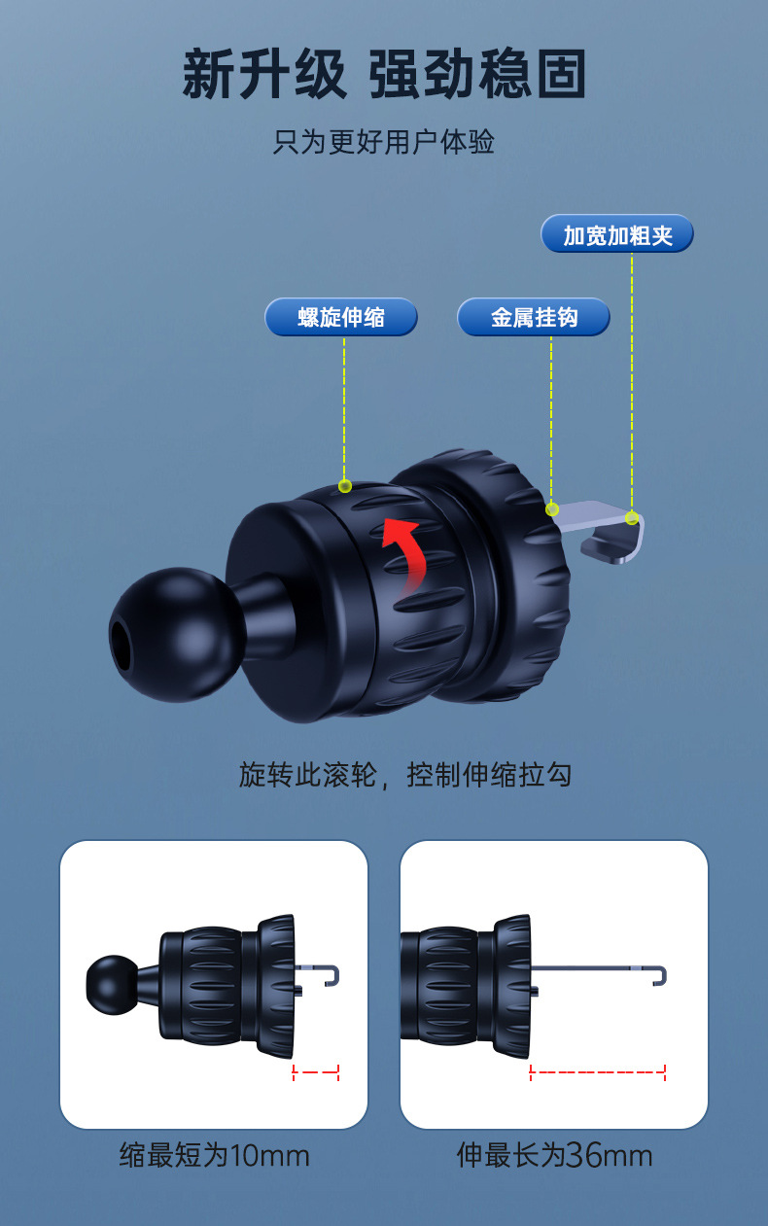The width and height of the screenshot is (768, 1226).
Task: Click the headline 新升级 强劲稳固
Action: [384, 74]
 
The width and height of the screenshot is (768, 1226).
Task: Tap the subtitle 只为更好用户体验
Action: [384, 142]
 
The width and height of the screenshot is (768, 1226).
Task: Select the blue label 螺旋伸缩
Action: [341, 317]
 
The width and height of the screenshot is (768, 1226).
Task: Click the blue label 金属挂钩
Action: [534, 317]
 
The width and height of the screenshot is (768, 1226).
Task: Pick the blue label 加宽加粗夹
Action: [617, 235]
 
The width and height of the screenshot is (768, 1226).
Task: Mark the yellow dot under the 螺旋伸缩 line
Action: [344, 486]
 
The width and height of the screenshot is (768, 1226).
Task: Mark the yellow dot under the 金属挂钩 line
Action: [552, 509]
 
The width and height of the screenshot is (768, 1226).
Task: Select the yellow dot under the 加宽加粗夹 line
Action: [632, 518]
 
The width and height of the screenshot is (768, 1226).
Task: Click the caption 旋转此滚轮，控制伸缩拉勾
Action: [404, 775]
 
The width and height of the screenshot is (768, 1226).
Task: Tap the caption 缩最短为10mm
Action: [214, 1155]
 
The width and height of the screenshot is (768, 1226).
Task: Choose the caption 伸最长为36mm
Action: [554, 1155]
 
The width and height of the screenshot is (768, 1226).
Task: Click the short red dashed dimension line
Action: [315, 1072]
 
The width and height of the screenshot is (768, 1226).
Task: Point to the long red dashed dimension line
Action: [598, 1072]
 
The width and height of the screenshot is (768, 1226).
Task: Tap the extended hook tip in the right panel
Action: [661, 973]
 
